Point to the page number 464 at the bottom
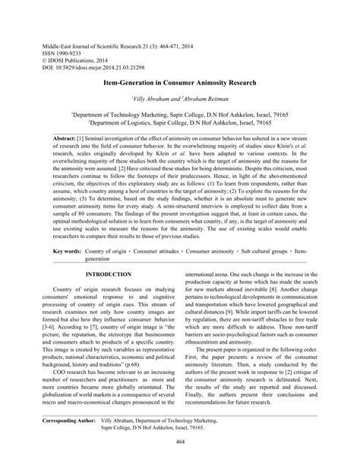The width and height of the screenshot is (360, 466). pyautogui.click(x=180, y=442)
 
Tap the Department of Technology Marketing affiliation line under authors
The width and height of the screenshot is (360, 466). pyautogui.click(x=180, y=113)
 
